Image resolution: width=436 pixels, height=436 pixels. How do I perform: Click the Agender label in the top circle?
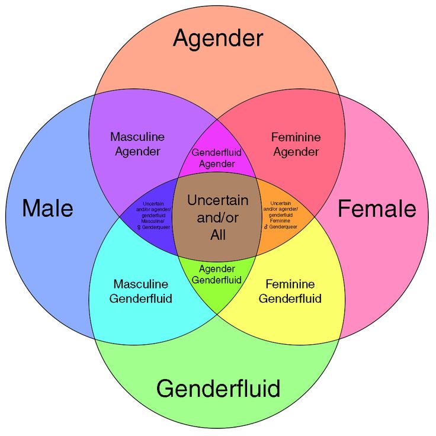tap(217, 39)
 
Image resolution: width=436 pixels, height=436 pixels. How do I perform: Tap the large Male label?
tap(47, 209)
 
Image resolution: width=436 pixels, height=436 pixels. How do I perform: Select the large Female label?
tap(377, 209)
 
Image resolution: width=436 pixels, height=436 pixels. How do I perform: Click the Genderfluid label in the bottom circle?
tap(218, 389)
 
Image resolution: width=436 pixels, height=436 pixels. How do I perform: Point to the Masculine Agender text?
tap(137, 144)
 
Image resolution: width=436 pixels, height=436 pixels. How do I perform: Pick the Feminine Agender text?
tap(296, 144)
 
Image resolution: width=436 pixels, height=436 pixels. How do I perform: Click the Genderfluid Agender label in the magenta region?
tap(217, 158)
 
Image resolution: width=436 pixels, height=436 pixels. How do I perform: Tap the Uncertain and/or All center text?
tap(217, 217)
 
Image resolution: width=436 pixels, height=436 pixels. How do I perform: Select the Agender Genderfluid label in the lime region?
tap(217, 274)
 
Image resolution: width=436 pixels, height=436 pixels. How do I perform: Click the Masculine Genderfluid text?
tap(141, 291)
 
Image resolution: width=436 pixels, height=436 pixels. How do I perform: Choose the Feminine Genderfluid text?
tap(290, 291)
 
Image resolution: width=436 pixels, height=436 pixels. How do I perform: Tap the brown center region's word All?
tap(218, 235)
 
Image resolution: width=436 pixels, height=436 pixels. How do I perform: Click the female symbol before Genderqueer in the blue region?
tap(139, 227)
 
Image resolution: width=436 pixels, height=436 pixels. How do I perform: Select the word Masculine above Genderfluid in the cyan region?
tap(141, 284)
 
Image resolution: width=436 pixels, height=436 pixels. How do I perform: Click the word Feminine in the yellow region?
tap(290, 284)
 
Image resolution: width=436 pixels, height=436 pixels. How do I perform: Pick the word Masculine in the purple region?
tap(137, 137)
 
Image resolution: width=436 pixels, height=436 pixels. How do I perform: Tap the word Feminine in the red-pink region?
tap(296, 137)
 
